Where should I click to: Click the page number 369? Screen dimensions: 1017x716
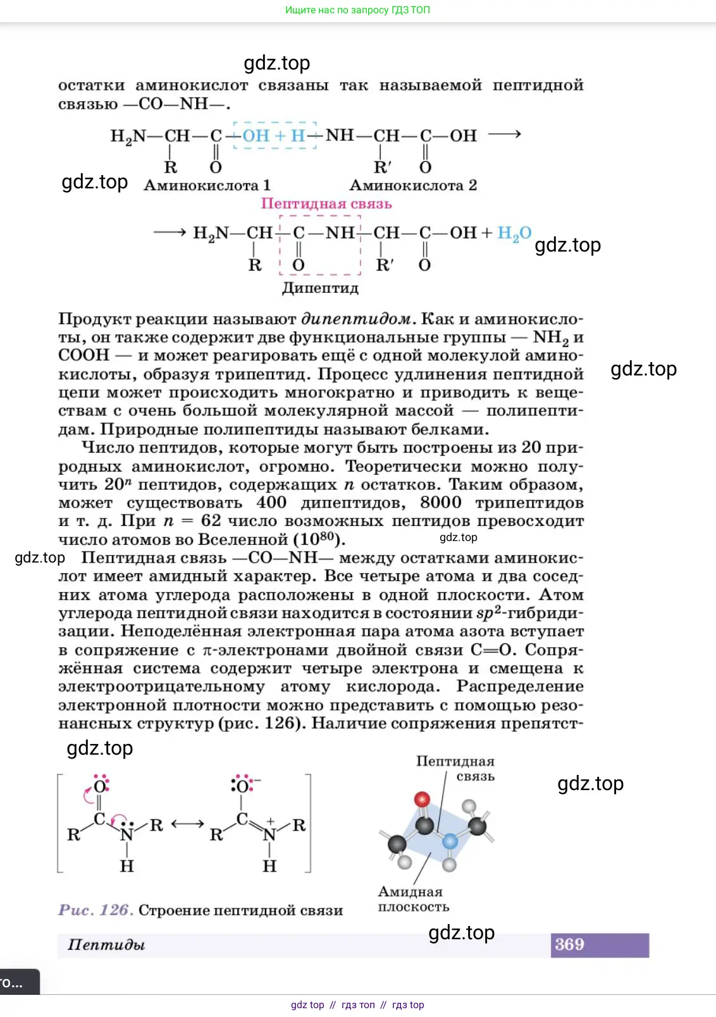pos(569,944)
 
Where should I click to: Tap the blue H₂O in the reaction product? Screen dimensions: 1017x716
pos(514,233)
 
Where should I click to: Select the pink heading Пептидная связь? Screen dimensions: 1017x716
pos(326,204)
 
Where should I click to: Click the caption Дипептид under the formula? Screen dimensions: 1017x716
pos(320,288)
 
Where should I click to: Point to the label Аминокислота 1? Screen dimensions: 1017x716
pos(207,185)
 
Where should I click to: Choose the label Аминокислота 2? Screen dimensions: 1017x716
pos(413,185)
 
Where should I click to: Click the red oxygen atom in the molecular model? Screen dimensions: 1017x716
pos(422,799)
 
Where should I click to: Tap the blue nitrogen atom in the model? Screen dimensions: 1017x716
pos(450,841)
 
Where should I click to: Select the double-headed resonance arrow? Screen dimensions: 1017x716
pos(187,824)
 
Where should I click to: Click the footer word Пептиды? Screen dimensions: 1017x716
pos(106,945)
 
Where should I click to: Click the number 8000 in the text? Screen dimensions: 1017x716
pos(441,502)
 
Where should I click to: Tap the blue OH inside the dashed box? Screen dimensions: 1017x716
pos(256,135)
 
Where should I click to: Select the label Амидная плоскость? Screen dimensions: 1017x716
pos(413,899)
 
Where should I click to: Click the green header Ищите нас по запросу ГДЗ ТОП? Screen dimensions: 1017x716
pos(357,10)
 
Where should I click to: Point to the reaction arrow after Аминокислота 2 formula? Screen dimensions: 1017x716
pos(505,134)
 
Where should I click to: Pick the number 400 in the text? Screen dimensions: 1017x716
pos(271,502)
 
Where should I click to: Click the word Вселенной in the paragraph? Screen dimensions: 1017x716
pos(243,540)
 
